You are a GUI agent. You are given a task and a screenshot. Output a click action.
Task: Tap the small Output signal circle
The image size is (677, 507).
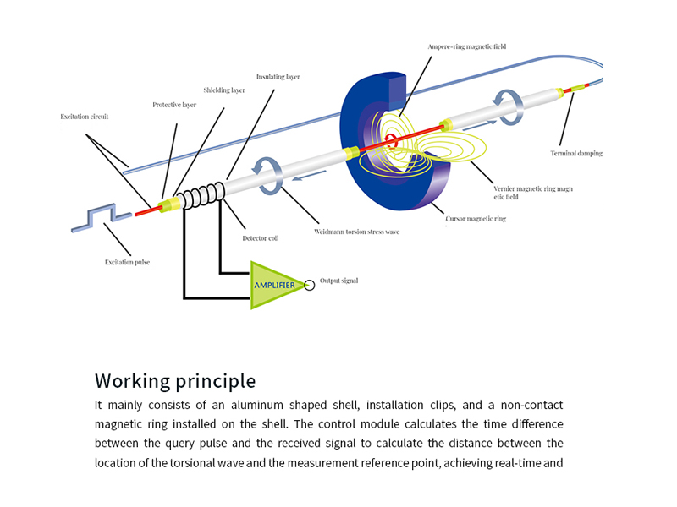[x=310, y=285]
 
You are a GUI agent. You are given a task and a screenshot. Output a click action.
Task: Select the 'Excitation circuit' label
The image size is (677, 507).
[x=85, y=116]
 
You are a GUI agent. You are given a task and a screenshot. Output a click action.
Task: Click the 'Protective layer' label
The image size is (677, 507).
[x=174, y=105]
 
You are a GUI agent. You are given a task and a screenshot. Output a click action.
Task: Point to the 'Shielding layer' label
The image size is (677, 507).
[x=224, y=90]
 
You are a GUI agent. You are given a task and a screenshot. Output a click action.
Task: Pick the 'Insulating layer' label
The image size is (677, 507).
[x=279, y=77]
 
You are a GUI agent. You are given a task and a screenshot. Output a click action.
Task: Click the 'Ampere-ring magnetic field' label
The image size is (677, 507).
[x=465, y=46]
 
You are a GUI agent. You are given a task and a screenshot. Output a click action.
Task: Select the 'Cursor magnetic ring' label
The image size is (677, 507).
[x=476, y=219]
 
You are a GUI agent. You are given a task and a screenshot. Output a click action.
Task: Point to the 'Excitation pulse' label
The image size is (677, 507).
[x=128, y=262]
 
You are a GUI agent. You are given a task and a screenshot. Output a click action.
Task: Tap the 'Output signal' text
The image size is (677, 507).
[x=338, y=281]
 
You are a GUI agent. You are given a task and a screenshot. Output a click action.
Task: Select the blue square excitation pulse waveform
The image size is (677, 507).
[x=100, y=217]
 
